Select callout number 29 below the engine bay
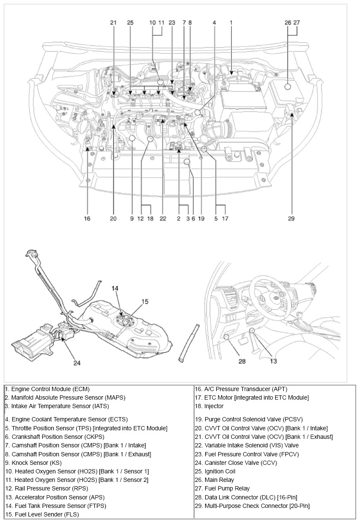click(x=291, y=219)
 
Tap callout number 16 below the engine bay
click(x=87, y=219)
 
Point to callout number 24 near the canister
click(x=77, y=363)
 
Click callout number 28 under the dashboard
click(x=242, y=361)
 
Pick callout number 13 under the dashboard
click(x=273, y=361)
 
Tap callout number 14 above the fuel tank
click(x=115, y=289)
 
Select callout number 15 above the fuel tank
click(x=145, y=302)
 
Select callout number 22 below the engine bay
click(x=163, y=219)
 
